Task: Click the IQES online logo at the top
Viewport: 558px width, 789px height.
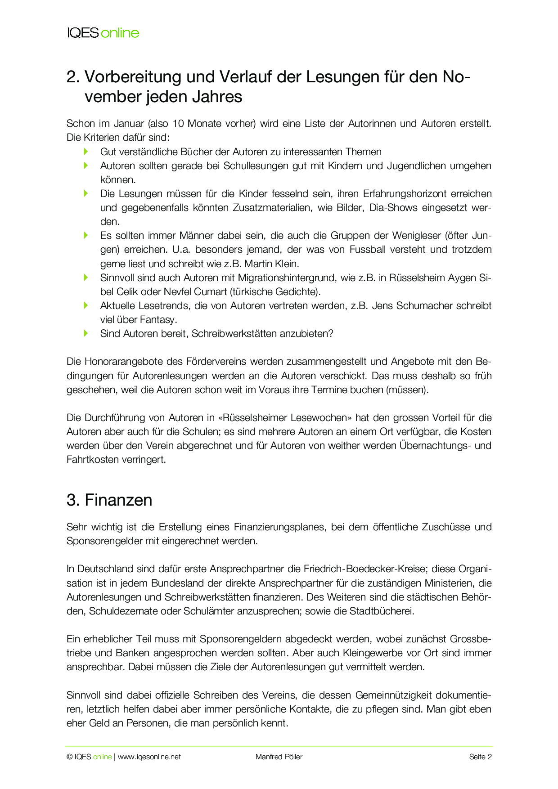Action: tap(103, 33)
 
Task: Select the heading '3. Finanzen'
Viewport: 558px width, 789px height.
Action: tap(109, 500)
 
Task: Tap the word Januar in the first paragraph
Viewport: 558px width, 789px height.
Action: tap(128, 124)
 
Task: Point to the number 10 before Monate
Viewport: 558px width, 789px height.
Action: tap(178, 124)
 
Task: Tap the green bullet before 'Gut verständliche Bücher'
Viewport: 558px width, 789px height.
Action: tap(86, 152)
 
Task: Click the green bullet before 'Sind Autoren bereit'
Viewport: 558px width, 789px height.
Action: tap(86, 333)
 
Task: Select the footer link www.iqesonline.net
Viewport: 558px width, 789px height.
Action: tap(149, 757)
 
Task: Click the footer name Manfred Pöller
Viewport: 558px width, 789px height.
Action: tap(279, 757)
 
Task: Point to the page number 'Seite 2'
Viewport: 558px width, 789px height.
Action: tap(480, 757)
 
